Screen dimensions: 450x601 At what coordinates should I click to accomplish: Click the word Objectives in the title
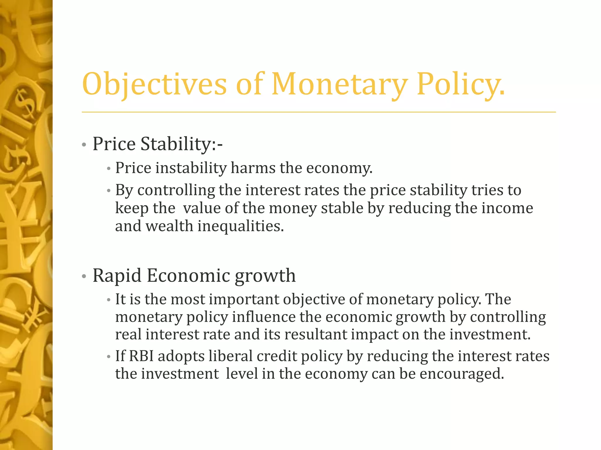[x=154, y=85]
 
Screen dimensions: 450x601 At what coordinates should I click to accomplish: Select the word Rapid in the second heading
[x=117, y=276]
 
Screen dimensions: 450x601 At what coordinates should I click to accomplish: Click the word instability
[x=191, y=168]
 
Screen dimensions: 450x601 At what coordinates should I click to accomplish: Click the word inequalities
[x=241, y=226]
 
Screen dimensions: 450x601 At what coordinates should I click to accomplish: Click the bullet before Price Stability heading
[x=84, y=145]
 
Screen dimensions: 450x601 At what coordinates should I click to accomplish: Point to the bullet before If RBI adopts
[x=109, y=357]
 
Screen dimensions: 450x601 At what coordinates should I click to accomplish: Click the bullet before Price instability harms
[x=109, y=169]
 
